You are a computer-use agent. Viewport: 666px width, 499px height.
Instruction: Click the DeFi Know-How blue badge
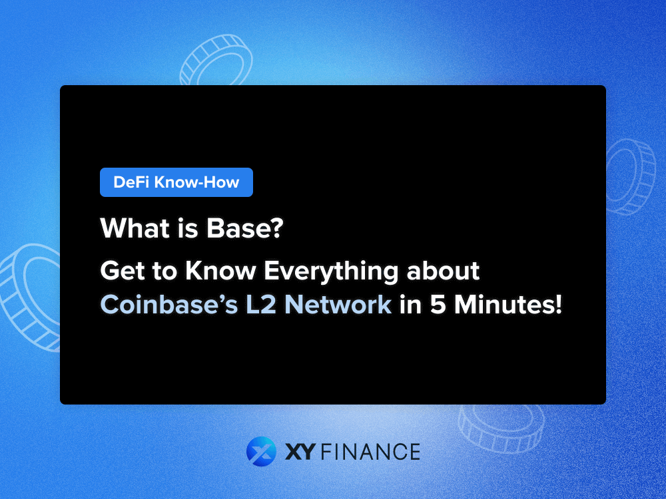[176, 182]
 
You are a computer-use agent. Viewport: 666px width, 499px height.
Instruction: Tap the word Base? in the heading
[253, 228]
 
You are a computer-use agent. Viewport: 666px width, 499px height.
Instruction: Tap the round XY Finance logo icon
[260, 451]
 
